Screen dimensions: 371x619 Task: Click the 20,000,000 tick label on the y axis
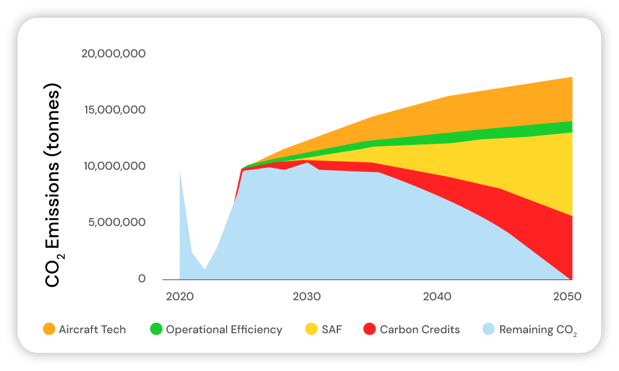(113, 54)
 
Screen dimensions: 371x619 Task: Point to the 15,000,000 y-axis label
(115, 110)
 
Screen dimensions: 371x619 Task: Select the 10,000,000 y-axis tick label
(115, 166)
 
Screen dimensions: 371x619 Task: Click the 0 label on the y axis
(142, 279)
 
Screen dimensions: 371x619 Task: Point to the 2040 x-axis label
(437, 297)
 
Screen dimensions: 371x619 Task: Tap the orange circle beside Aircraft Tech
(48, 330)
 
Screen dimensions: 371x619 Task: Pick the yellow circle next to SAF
(312, 330)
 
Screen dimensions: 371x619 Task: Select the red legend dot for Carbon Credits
(370, 330)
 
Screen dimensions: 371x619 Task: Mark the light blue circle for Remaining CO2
(488, 330)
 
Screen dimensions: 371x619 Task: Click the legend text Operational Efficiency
(224, 330)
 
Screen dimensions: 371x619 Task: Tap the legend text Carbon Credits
(420, 330)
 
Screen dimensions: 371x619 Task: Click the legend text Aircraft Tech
(92, 330)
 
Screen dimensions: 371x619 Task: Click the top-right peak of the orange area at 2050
(571, 78)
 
